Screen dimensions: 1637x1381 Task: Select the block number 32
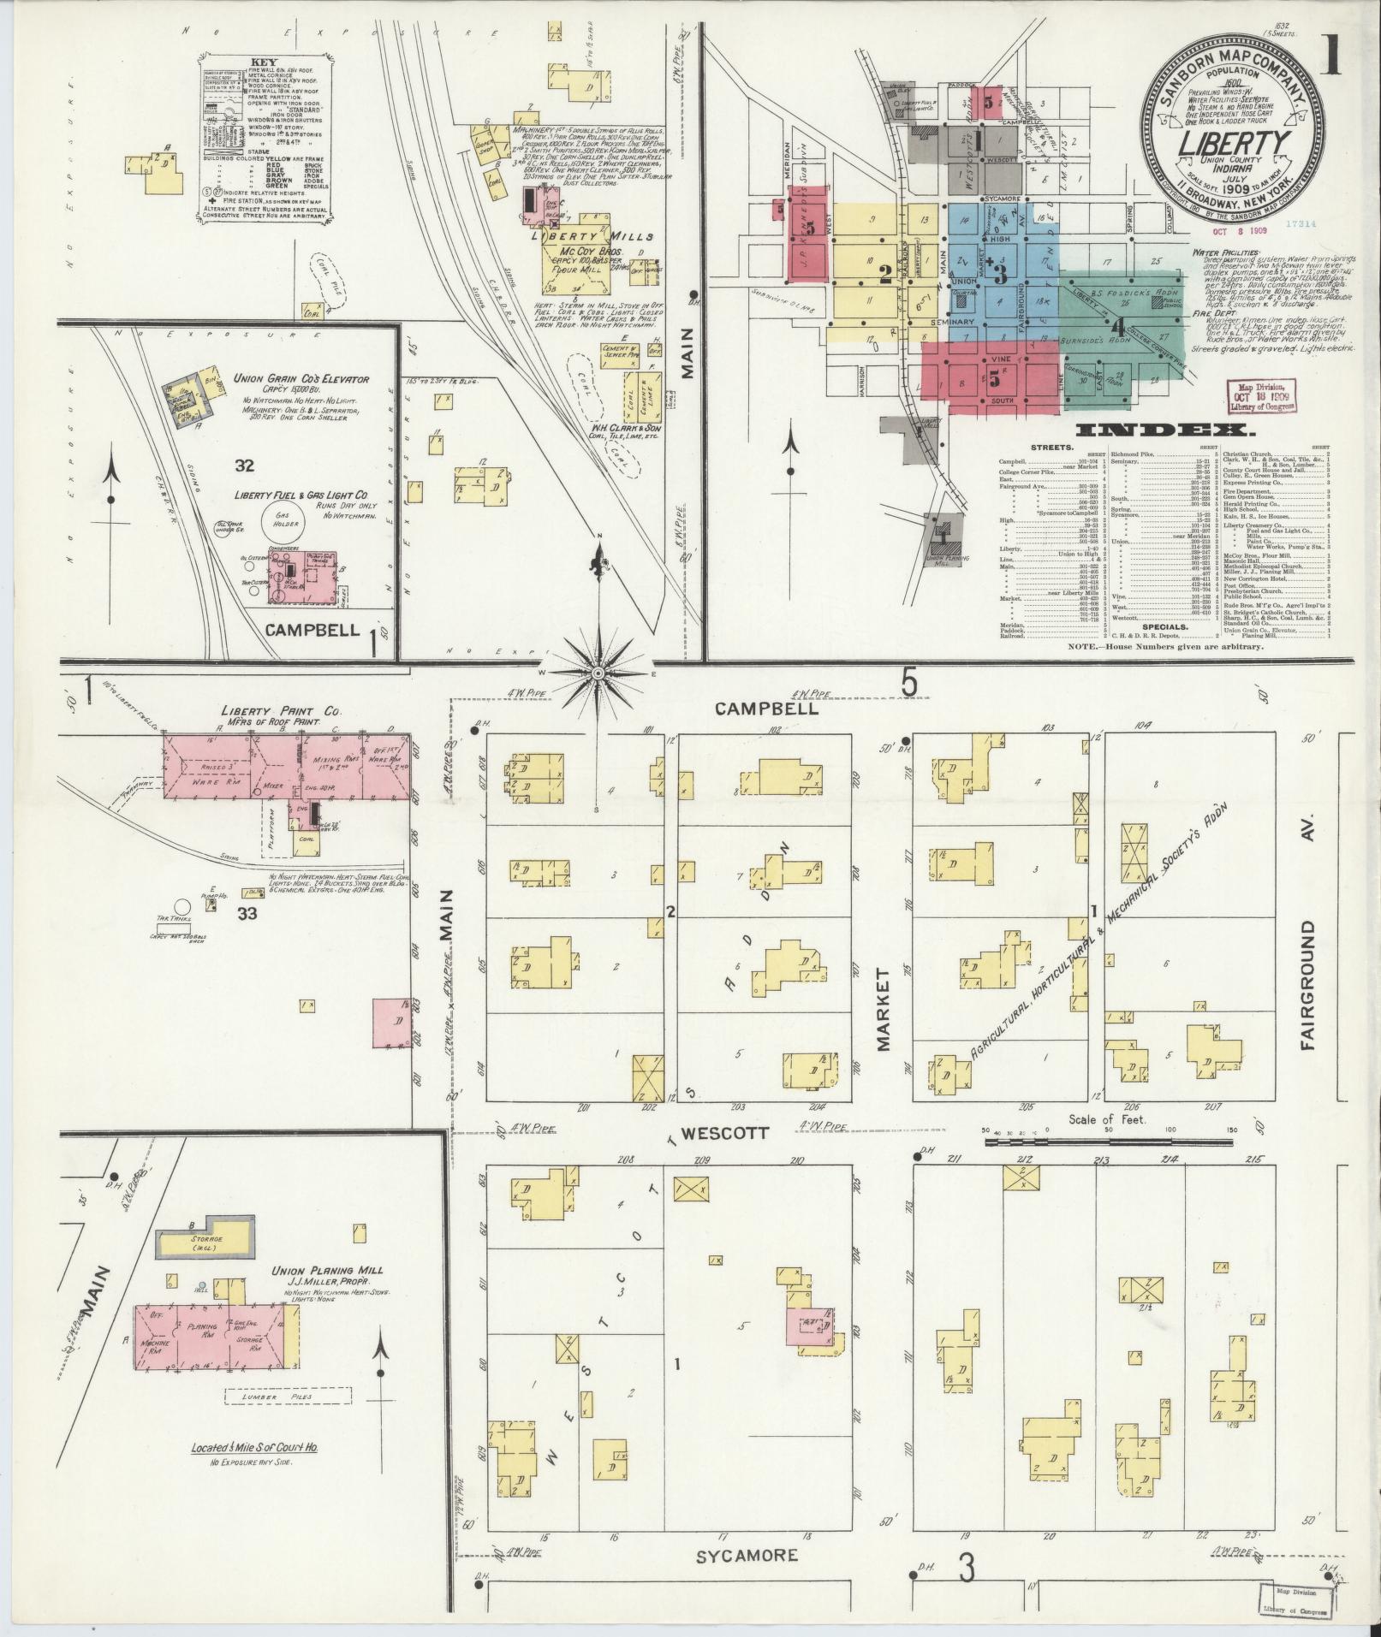pyautogui.click(x=245, y=466)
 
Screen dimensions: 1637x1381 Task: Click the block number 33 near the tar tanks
pyautogui.click(x=247, y=914)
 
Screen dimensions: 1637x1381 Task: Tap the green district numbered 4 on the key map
pyautogui.click(x=1116, y=326)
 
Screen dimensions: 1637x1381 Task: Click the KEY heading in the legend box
pyautogui.click(x=262, y=62)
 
